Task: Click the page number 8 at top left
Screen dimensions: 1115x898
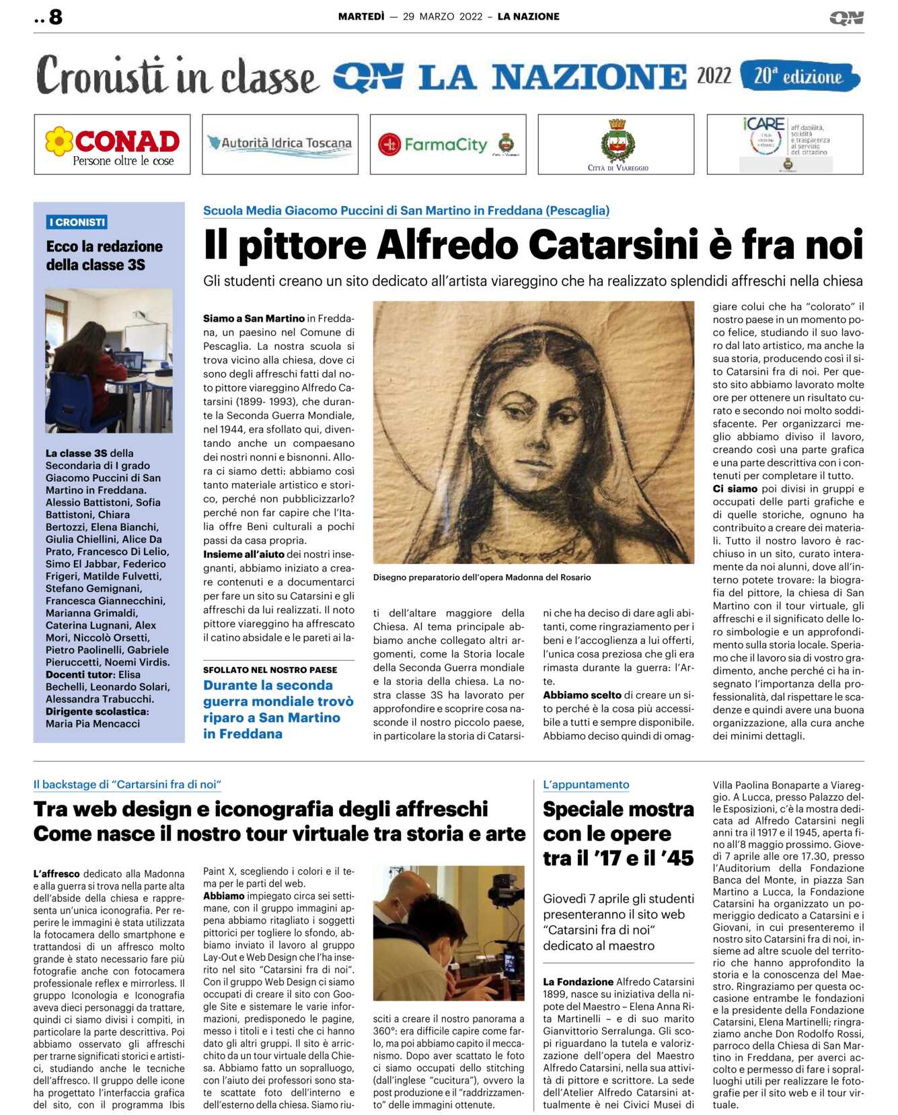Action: (x=55, y=17)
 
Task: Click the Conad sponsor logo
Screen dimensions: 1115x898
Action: (x=112, y=145)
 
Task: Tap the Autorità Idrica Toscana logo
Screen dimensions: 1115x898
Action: (x=280, y=143)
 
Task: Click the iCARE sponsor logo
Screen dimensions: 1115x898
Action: (x=785, y=144)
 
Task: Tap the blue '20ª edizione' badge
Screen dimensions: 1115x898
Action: (x=799, y=76)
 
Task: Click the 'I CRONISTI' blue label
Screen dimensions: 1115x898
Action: (x=77, y=222)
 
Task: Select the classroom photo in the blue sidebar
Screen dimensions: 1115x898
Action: (x=109, y=360)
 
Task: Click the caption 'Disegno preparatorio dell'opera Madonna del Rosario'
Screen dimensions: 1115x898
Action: (x=482, y=577)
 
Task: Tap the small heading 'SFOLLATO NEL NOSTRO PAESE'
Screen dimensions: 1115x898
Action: (x=270, y=670)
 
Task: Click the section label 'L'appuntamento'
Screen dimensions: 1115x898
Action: (x=586, y=785)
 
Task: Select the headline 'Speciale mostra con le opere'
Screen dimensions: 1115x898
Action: (x=618, y=821)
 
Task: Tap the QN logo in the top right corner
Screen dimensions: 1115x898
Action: (x=846, y=17)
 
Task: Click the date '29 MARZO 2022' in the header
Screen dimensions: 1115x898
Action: (x=443, y=17)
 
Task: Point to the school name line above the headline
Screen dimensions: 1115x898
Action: (x=406, y=211)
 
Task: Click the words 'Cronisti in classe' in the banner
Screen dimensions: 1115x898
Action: (x=176, y=75)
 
